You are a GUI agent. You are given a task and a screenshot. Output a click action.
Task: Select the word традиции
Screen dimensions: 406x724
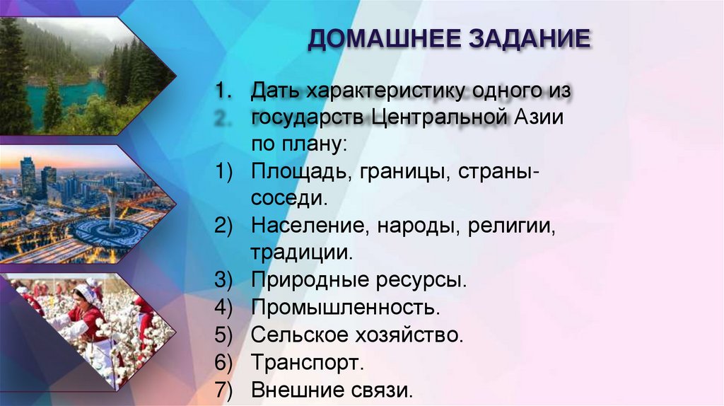[300, 252]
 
